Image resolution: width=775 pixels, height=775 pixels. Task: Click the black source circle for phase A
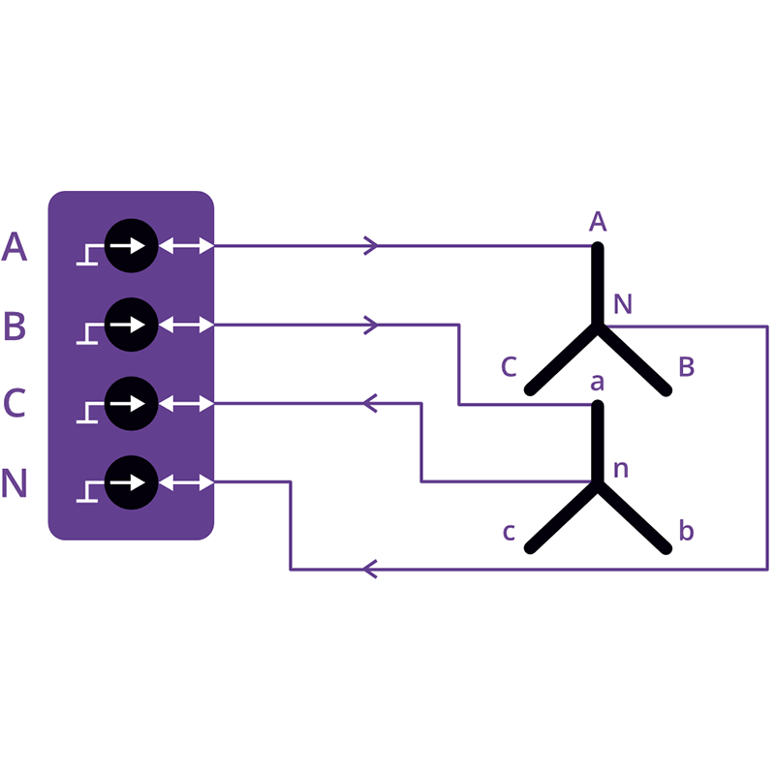tap(132, 246)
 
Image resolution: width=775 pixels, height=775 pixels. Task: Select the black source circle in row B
tap(132, 325)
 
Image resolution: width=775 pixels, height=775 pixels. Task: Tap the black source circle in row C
tap(132, 403)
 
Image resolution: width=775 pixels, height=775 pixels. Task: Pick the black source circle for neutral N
tap(132, 482)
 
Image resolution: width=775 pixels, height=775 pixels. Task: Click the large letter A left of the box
tap(15, 246)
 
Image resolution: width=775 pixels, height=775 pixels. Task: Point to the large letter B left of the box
tap(15, 325)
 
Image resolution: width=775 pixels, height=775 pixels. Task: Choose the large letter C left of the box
tap(15, 403)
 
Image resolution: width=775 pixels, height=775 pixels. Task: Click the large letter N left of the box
tap(15, 482)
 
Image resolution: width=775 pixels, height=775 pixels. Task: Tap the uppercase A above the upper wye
tap(598, 221)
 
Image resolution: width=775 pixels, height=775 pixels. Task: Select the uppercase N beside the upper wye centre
tap(623, 304)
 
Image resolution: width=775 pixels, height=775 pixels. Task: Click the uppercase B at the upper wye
tap(687, 367)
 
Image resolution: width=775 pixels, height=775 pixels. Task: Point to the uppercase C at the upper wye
tap(509, 367)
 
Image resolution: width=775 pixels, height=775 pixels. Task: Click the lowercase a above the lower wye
tap(597, 383)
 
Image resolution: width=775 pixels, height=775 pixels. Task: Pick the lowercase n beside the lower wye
tap(621, 470)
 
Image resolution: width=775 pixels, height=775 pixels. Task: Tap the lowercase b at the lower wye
tap(687, 531)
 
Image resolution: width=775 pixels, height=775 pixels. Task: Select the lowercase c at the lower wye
tap(509, 532)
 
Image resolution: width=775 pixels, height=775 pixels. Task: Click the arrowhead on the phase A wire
tap(371, 246)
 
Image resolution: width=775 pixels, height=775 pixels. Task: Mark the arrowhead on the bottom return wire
tap(370, 570)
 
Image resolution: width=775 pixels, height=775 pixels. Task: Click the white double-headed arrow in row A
tap(186, 246)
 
